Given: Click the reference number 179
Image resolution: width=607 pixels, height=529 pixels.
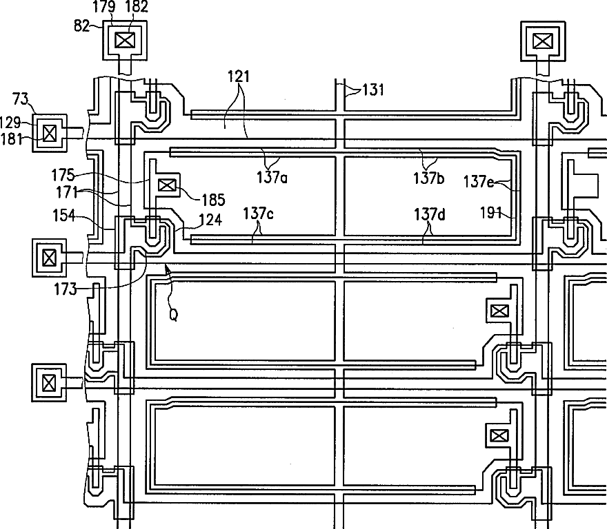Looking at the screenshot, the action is (104, 6).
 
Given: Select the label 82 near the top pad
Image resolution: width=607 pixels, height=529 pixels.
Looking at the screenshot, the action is (81, 26).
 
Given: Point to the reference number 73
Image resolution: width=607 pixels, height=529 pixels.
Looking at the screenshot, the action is (21, 99).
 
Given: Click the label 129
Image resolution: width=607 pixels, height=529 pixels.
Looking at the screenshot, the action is (10, 123).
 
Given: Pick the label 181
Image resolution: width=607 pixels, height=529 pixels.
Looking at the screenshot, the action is (12, 139).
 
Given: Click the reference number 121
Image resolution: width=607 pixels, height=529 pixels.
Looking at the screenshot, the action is (239, 76).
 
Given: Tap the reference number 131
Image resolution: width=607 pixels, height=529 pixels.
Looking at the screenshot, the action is (372, 90).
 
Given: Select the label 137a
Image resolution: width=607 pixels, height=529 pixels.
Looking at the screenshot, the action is (272, 178).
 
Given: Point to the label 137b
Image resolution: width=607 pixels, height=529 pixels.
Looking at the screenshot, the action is (428, 178).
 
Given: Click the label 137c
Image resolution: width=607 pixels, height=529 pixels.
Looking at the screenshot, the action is (258, 214).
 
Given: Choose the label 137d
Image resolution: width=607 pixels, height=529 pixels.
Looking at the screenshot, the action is (430, 214).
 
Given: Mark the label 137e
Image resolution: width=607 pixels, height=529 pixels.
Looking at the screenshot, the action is (479, 181).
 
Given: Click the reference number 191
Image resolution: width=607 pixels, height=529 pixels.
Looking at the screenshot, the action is (490, 213).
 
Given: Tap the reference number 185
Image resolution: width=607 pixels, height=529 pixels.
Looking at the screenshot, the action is (213, 200).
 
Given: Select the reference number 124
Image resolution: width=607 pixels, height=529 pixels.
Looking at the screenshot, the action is (210, 220).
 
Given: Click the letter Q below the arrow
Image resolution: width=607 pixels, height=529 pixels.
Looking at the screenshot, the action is (174, 315).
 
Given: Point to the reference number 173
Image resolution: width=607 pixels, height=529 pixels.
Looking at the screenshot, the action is (66, 289).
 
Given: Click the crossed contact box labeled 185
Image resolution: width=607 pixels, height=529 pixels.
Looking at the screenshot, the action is (167, 185).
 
